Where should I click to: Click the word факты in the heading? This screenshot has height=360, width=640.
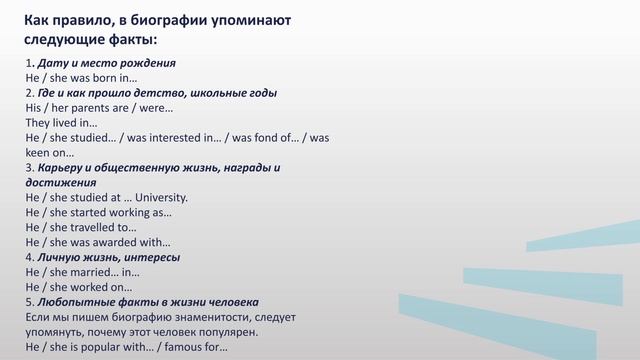130,39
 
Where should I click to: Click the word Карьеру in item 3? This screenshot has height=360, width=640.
62,168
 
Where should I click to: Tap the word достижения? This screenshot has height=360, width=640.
61,183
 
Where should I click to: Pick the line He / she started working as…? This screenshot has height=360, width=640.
98,213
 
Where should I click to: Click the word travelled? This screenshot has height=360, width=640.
101,228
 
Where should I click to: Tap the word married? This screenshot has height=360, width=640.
98,272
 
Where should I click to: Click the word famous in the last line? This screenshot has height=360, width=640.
187,348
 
